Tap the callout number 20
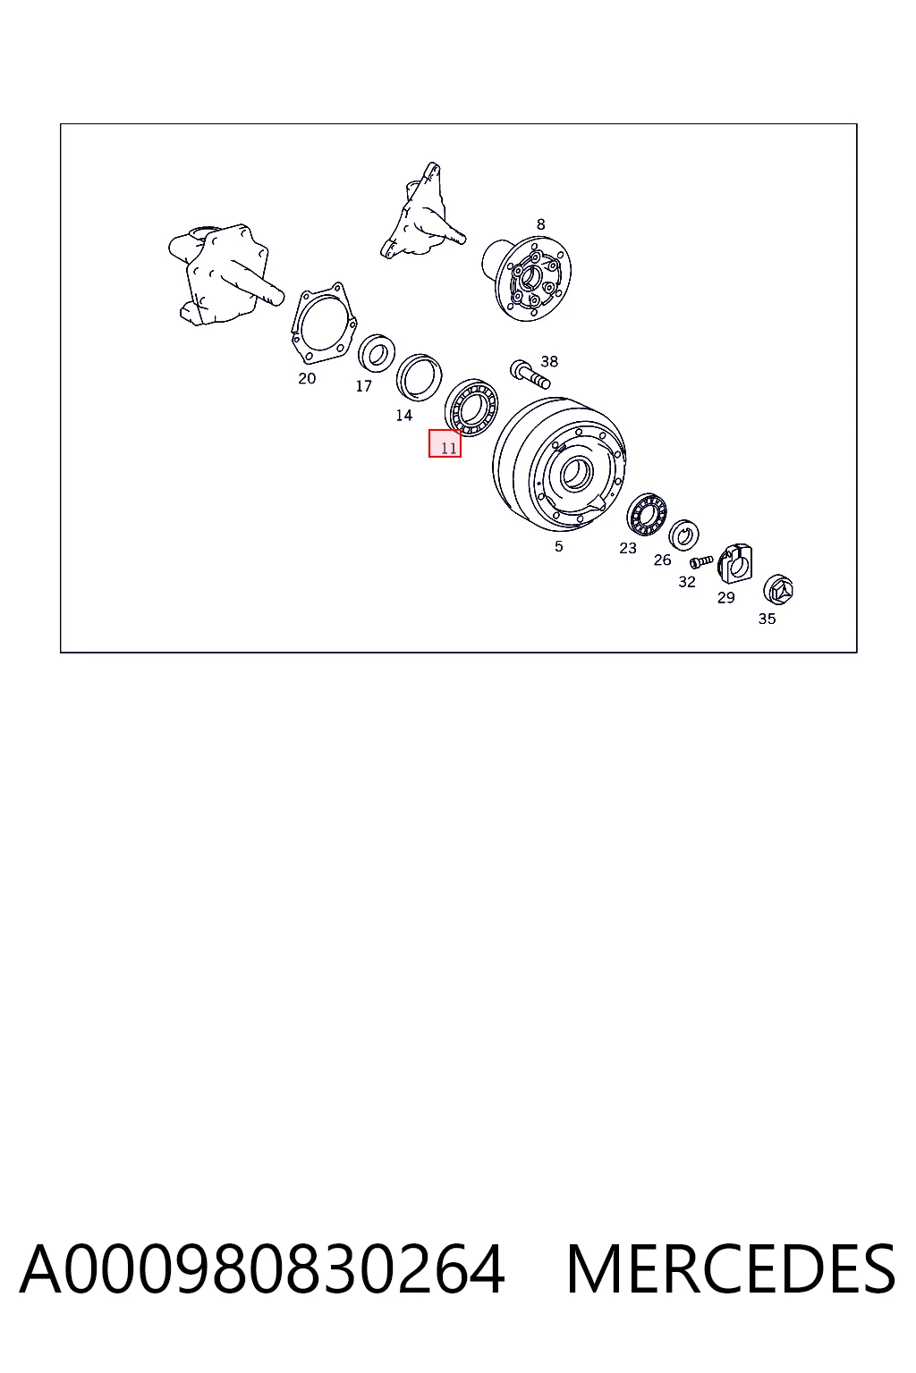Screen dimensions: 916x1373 pos(307,378)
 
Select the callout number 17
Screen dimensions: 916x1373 pos(364,385)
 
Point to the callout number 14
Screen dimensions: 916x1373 pos(403,415)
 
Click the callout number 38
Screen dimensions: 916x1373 pos(549,361)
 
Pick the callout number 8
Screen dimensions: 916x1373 pos(540,224)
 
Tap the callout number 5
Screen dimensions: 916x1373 pos(558,546)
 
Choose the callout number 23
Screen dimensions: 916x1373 pos(628,548)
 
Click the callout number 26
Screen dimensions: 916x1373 pos(662,560)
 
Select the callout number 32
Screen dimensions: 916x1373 pos(686,582)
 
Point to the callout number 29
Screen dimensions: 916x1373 pos(725,597)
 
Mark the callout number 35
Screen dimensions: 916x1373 pos(767,619)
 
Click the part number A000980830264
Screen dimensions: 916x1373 pos(262,1269)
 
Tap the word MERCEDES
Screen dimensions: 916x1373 pos(731,1269)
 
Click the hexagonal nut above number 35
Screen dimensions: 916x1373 pos(778,590)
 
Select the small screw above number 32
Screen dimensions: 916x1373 pos(700,561)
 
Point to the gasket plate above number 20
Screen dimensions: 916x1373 pos(323,323)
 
